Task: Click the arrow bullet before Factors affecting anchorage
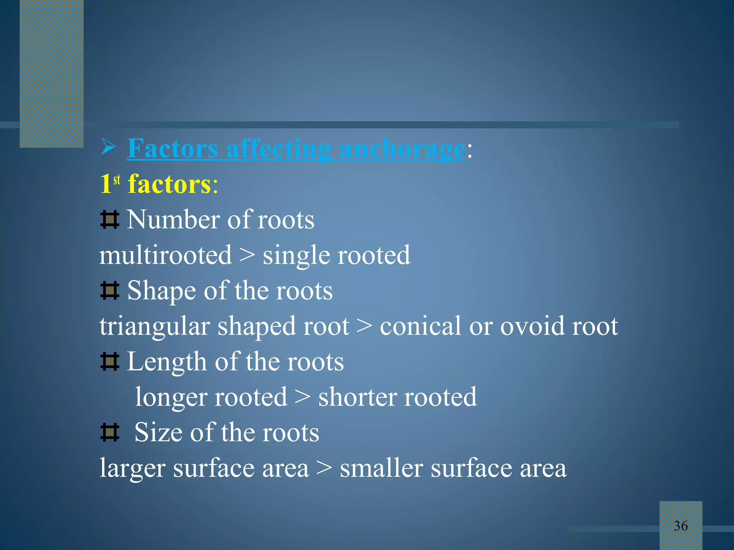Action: click(108, 147)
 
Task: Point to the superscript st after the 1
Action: click(117, 179)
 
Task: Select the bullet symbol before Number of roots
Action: click(109, 219)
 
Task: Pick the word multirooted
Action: click(166, 255)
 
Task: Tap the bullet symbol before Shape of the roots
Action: click(109, 290)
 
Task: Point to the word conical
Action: click(420, 326)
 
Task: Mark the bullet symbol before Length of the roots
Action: click(109, 362)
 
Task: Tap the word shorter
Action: click(357, 397)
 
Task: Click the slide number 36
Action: click(681, 526)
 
